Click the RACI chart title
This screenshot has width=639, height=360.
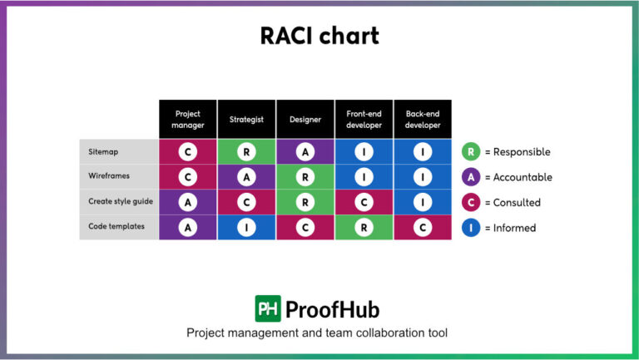319,36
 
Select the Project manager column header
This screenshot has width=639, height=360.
188,119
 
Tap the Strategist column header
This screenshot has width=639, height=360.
246,119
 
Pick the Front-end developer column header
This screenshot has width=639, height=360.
364,119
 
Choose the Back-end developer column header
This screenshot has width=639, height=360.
423,119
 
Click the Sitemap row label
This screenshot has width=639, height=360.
104,152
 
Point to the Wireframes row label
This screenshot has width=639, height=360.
109,176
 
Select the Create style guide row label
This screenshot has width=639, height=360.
120,201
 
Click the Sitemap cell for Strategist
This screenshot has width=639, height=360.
246,152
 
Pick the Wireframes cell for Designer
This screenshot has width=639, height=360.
305,177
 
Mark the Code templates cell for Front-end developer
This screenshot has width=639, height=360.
364,227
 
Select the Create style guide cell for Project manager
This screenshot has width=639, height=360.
188,202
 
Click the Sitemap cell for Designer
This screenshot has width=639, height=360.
305,152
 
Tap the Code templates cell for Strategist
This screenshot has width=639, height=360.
246,227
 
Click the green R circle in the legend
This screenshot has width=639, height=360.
471,152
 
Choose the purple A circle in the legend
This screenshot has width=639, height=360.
471,177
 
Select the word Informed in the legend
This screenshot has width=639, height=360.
515,228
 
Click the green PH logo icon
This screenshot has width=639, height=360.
268,309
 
